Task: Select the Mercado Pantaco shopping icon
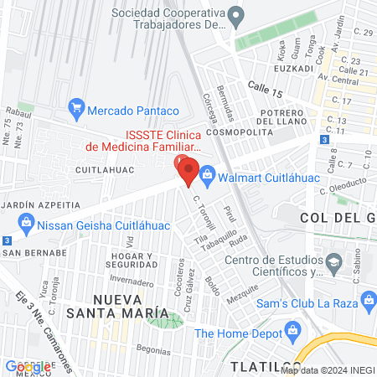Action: (76, 109)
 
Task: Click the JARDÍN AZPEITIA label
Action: (39, 204)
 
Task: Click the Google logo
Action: (28, 366)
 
